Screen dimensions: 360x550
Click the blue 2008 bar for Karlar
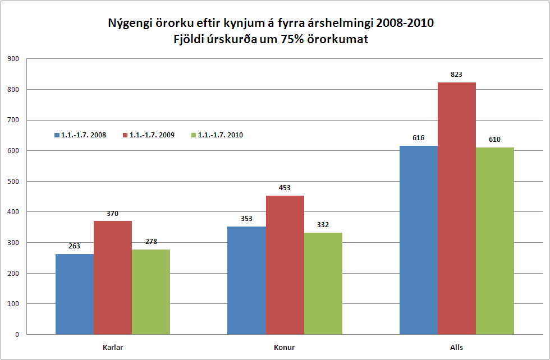pos(75,294)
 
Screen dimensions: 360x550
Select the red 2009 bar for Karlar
pos(113,278)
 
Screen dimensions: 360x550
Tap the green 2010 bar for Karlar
pos(151,292)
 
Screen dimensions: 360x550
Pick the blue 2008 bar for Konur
pos(247,280)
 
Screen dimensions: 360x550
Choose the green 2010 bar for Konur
pos(323,283)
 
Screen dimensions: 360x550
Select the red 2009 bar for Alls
pos(457,208)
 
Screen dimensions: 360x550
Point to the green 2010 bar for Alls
pos(495,241)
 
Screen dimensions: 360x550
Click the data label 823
pos(456,74)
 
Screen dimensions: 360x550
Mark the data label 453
pos(285,187)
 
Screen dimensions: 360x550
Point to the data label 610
pos(494,139)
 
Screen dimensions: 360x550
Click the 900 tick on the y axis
pos(13,59)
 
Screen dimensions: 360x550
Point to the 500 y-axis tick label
pos(13,182)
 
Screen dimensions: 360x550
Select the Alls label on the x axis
pos(457,348)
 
